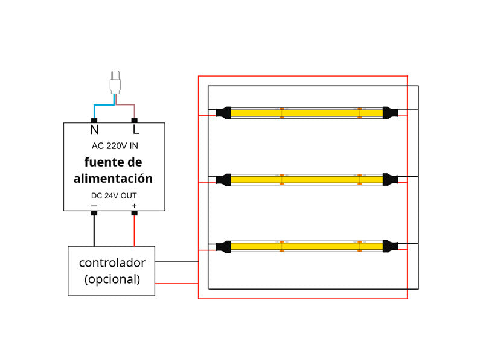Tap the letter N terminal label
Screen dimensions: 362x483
point(94,130)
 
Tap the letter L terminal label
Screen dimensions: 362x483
point(136,130)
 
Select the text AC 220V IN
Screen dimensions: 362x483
point(114,146)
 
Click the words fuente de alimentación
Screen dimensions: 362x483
point(114,171)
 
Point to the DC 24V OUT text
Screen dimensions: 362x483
point(114,195)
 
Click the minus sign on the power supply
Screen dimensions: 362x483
point(94,206)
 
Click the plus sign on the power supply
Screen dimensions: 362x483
point(134,206)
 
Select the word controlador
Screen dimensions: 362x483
point(112,263)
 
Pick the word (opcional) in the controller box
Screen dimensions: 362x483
point(112,279)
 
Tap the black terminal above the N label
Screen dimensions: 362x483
point(94,121)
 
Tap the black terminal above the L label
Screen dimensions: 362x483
point(135,121)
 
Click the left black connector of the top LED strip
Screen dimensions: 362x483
point(223,112)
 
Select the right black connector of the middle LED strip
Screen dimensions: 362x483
point(390,179)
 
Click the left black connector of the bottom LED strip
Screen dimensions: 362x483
point(223,246)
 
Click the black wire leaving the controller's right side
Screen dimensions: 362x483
point(176,261)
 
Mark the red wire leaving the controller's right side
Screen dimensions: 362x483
point(176,283)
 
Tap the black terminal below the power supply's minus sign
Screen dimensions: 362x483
point(94,213)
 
